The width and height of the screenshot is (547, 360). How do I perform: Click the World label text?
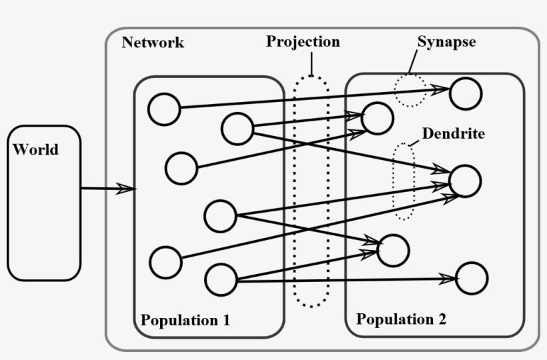pos(35,149)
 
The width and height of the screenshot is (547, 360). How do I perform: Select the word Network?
pos(153,43)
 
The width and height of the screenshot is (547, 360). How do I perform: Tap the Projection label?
pos(303,41)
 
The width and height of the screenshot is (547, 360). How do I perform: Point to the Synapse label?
pos(446,41)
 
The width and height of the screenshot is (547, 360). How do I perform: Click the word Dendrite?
pos(453,133)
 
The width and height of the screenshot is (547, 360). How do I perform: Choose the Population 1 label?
pos(185,320)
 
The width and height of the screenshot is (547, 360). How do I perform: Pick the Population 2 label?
pos(401,319)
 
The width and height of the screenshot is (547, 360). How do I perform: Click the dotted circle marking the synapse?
pos(410,91)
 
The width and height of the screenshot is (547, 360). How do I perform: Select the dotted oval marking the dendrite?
pos(403,181)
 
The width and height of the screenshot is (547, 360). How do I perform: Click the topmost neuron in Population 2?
pos(466,93)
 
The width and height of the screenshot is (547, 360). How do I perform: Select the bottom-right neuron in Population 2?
pos(472,278)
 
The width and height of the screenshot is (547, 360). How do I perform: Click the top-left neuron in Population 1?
pos(164,109)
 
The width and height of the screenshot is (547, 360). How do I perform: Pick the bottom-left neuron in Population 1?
pos(165,262)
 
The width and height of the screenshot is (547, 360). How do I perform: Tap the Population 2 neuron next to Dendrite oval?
pos(465,181)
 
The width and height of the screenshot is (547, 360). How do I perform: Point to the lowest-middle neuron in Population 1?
pos(221,279)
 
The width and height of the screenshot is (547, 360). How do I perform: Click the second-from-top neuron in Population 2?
pos(378,117)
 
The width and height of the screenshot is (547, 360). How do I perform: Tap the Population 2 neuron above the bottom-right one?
pos(393,250)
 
